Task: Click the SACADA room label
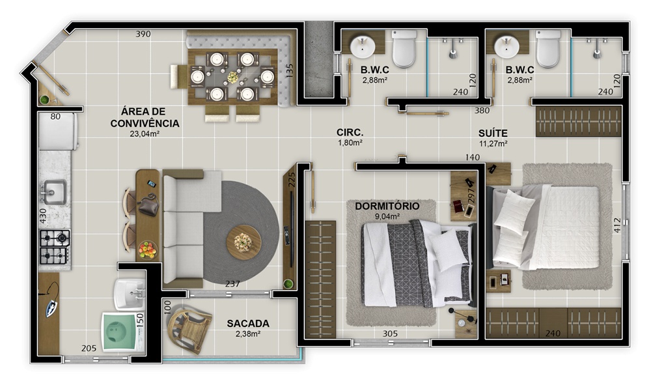pyautogui.click(x=248, y=323)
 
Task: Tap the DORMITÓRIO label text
pyautogui.click(x=387, y=206)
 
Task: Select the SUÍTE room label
pyautogui.click(x=493, y=134)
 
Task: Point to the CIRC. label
pyautogui.click(x=350, y=132)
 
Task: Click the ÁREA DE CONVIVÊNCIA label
pyautogui.click(x=145, y=117)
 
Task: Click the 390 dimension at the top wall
pyautogui.click(x=143, y=34)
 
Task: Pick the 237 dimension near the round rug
pyautogui.click(x=232, y=283)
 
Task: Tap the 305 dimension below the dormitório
pyautogui.click(x=390, y=334)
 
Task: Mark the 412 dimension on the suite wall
pyautogui.click(x=617, y=225)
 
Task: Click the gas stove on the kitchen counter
pyautogui.click(x=55, y=247)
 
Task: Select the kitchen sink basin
pyautogui.click(x=55, y=192)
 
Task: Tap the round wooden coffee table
pyautogui.click(x=243, y=242)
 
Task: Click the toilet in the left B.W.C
pyautogui.click(x=404, y=49)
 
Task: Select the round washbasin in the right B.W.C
pyautogui.click(x=506, y=46)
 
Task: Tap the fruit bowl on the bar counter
pyautogui.click(x=147, y=250)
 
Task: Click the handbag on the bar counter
pyautogui.click(x=148, y=205)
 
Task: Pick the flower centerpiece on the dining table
pyautogui.click(x=233, y=78)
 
